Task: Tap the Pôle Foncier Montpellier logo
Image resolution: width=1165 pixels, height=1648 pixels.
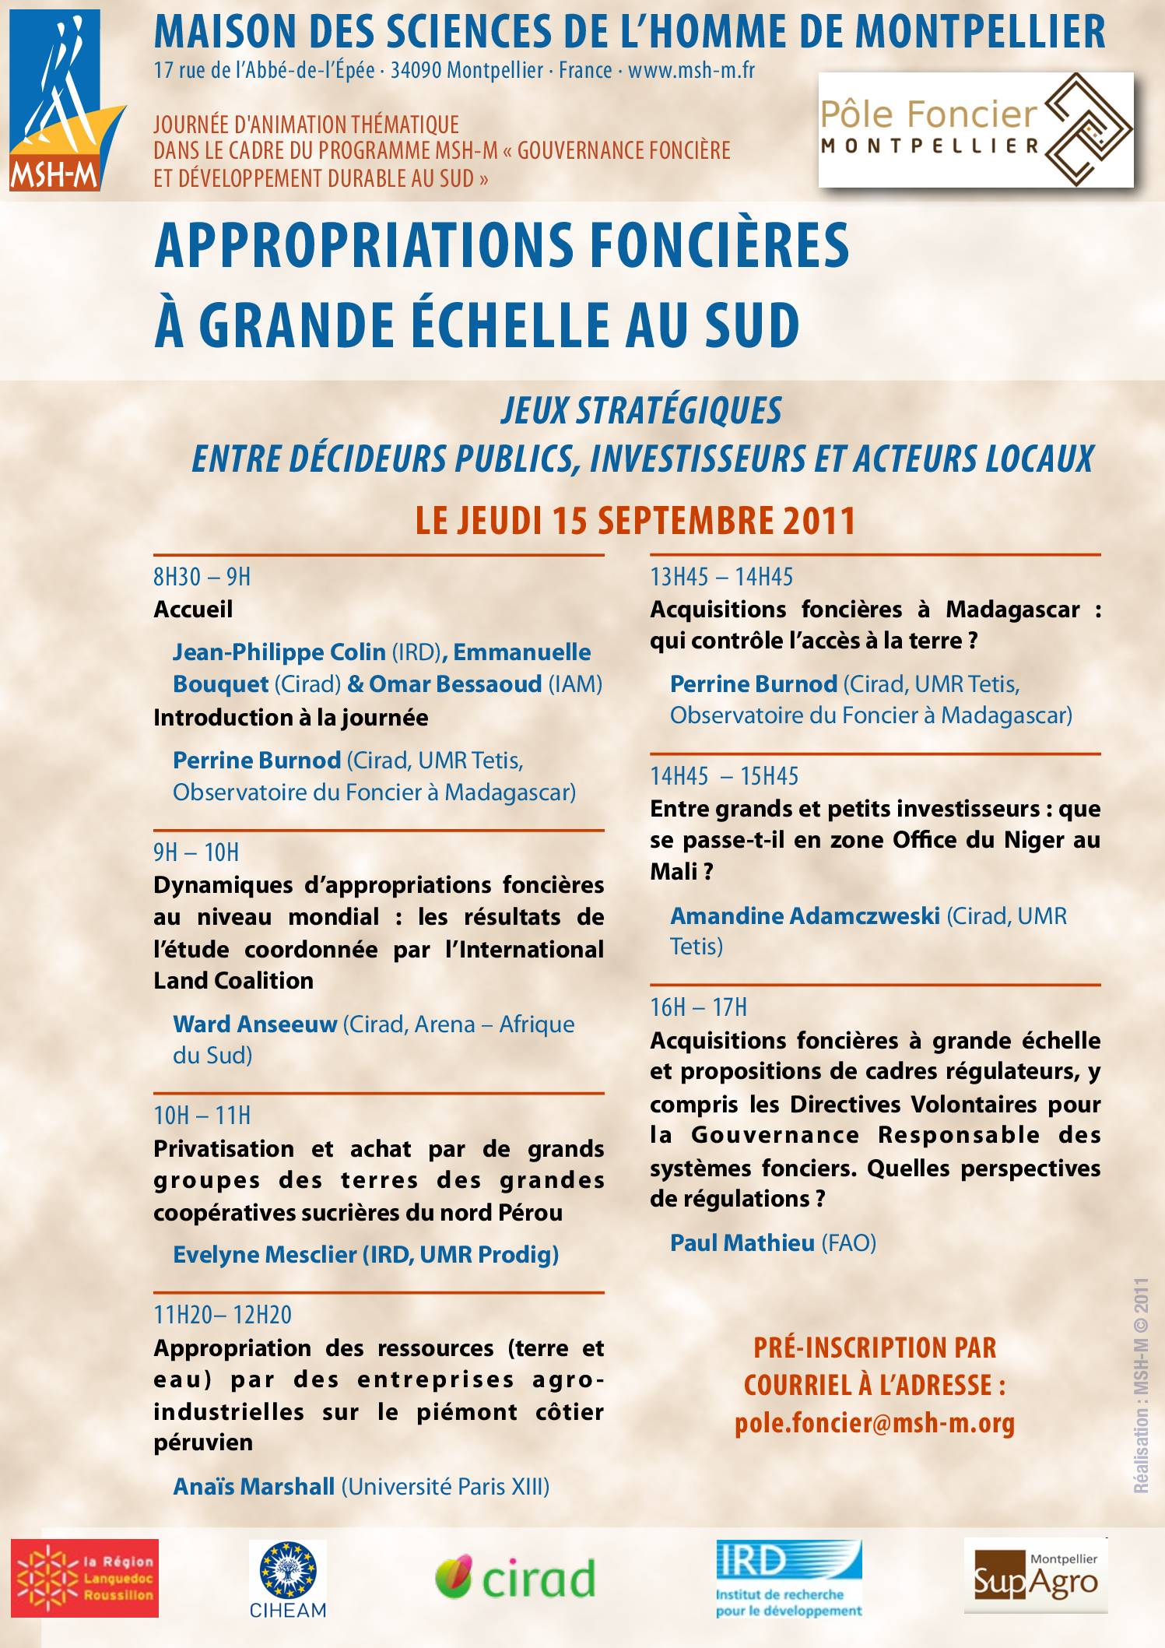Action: (975, 129)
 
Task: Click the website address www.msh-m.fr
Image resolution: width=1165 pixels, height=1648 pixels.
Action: (691, 71)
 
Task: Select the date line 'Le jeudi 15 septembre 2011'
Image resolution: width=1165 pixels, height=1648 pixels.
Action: (635, 521)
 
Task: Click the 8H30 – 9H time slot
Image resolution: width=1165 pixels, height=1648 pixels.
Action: (202, 577)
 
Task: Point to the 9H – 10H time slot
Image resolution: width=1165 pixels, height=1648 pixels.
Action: (196, 852)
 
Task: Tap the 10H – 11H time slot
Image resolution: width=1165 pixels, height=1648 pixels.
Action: (202, 1116)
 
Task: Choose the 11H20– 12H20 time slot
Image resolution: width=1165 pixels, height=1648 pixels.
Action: (223, 1315)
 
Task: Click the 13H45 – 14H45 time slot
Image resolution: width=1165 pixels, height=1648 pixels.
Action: (721, 577)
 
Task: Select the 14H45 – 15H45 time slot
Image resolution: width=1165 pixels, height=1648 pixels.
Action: (725, 776)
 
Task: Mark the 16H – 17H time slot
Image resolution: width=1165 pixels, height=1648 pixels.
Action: (698, 1007)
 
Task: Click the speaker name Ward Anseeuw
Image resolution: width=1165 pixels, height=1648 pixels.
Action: (254, 1024)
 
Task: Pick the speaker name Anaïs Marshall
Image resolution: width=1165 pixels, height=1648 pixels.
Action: (254, 1486)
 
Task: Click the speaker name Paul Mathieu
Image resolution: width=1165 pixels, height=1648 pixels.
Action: (742, 1242)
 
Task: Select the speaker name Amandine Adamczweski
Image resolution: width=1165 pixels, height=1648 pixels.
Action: (805, 915)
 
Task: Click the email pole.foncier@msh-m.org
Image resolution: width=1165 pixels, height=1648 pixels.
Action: (875, 1423)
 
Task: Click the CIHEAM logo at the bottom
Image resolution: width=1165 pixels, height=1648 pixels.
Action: (287, 1579)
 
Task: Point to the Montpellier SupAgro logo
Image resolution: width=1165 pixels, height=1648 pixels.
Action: (1035, 1575)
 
